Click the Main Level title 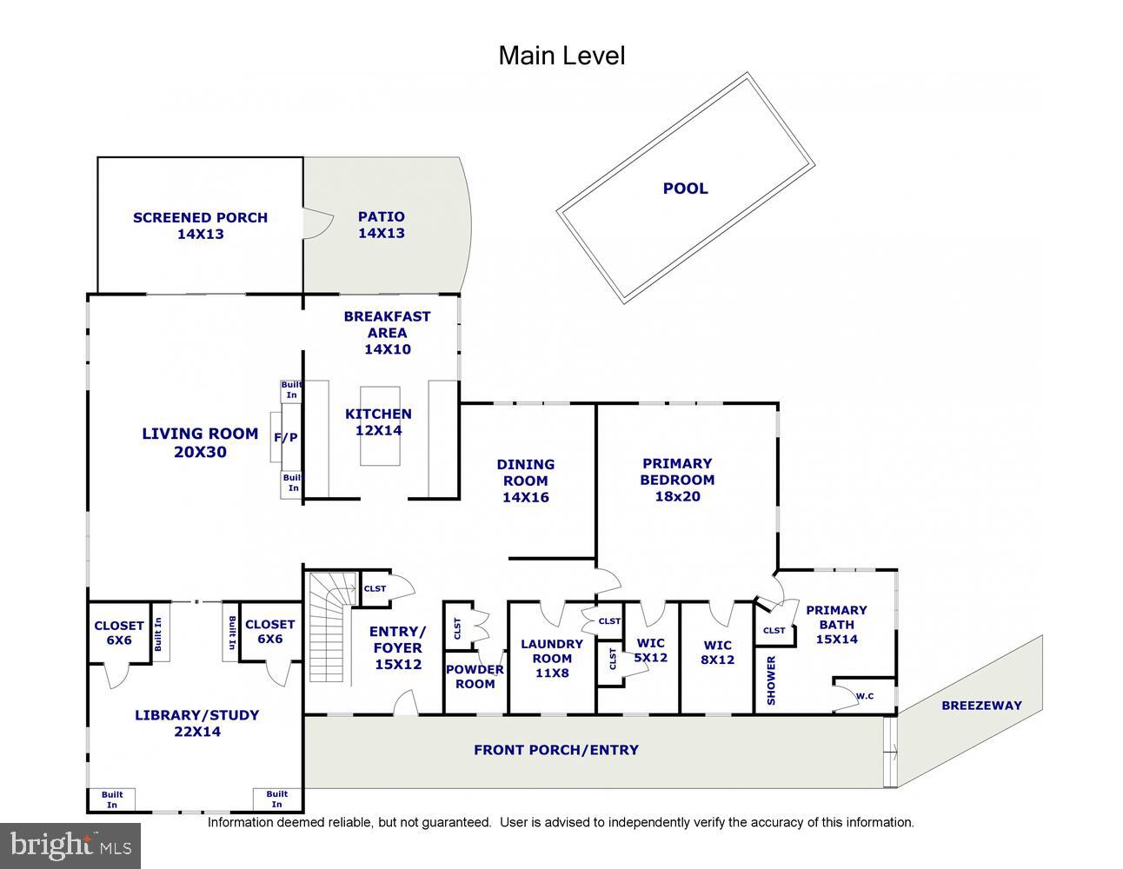(561, 56)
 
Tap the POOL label (685, 189)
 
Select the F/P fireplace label (286, 437)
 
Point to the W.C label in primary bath (864, 696)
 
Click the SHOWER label (771, 680)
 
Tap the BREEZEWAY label (981, 706)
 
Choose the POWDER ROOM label (475, 676)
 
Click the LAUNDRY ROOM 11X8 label (552, 658)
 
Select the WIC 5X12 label (651, 651)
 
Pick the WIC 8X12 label (718, 652)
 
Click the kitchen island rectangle (380, 426)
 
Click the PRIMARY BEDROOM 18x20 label (677, 480)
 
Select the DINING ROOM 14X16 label (525, 481)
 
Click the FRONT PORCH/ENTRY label (555, 750)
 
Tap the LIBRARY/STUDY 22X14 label (196, 723)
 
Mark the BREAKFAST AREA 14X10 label (387, 333)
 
